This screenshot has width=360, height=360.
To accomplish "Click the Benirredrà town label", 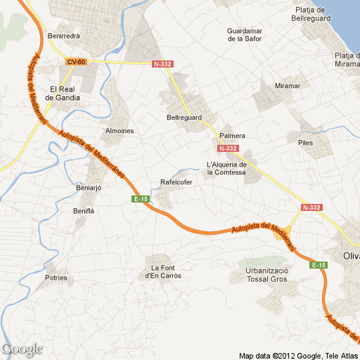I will (63, 36).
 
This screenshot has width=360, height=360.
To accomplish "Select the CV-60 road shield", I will (76, 62).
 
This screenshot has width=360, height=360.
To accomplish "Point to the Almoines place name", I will (120, 131).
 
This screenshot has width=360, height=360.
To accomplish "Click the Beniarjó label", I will (89, 188).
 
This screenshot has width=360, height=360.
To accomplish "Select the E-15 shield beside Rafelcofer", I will (141, 200).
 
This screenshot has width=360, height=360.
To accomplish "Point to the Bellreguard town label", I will (184, 117).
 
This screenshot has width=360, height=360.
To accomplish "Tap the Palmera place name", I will (232, 135).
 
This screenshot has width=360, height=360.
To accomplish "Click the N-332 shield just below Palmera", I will (229, 148).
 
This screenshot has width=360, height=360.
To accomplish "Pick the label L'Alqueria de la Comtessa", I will (229, 169).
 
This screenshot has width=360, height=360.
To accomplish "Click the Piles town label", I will (305, 143).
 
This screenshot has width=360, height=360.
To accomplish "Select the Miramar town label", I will (288, 86).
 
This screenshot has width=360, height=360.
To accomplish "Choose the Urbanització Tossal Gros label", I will (266, 275).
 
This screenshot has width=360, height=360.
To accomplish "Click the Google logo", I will (22, 349).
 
